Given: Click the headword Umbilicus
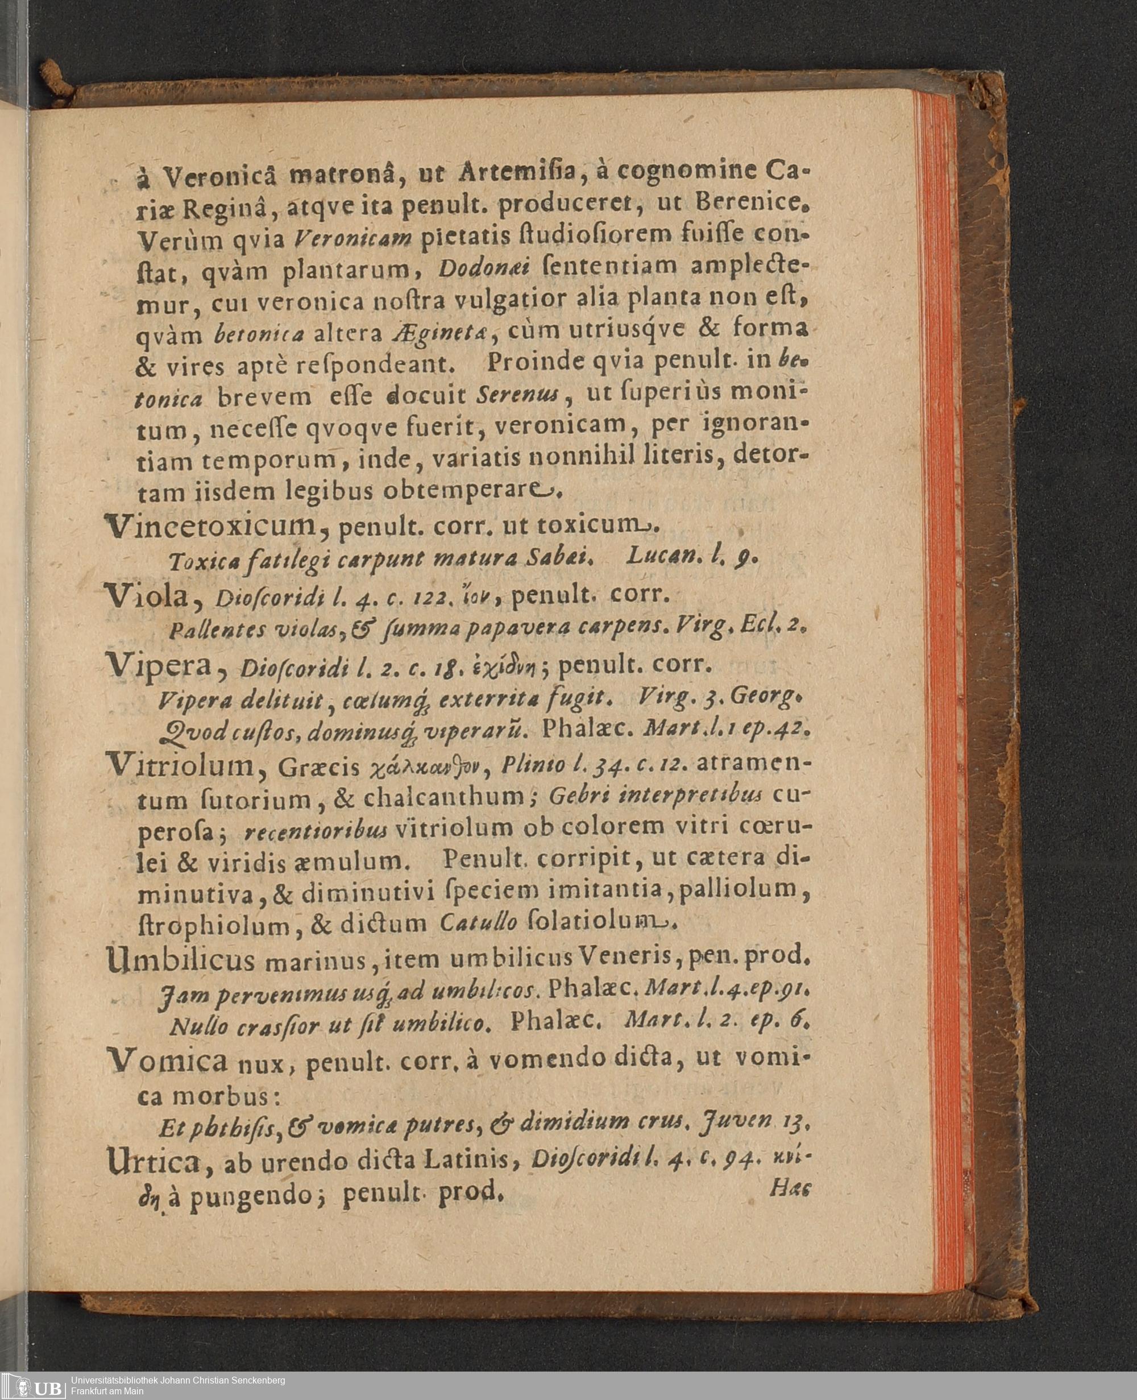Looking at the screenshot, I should click(x=180, y=960).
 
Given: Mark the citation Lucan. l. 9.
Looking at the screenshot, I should click(x=692, y=556).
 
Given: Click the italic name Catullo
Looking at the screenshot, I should click(x=478, y=923).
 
